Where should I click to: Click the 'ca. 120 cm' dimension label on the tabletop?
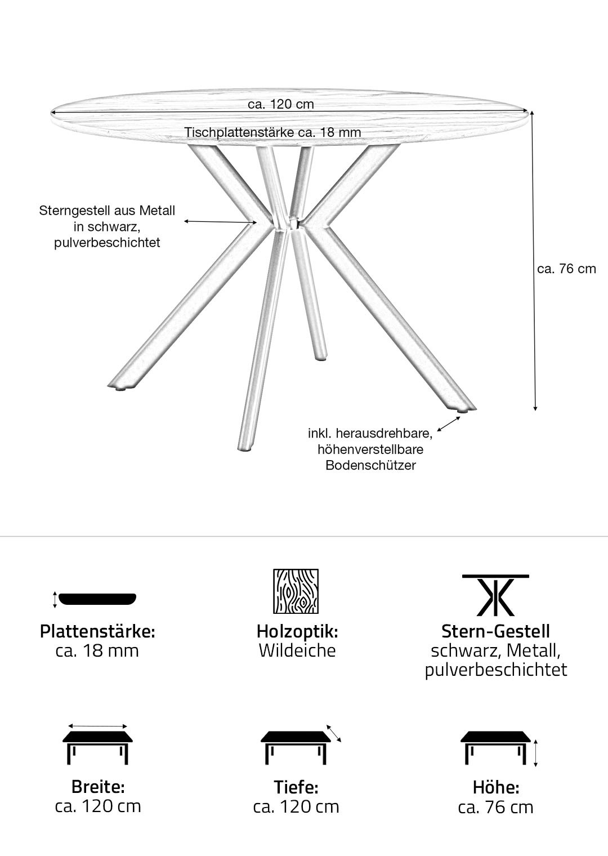281,104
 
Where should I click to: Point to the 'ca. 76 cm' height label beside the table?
566,269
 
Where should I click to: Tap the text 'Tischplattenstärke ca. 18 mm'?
273,132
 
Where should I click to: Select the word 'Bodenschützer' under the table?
370,465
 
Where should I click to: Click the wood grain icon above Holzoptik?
296,591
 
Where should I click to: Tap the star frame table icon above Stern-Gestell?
495,595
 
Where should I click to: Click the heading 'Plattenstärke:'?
97,631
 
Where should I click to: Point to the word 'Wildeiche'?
297,650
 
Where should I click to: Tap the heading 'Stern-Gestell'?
495,631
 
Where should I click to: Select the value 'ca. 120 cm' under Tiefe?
296,806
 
